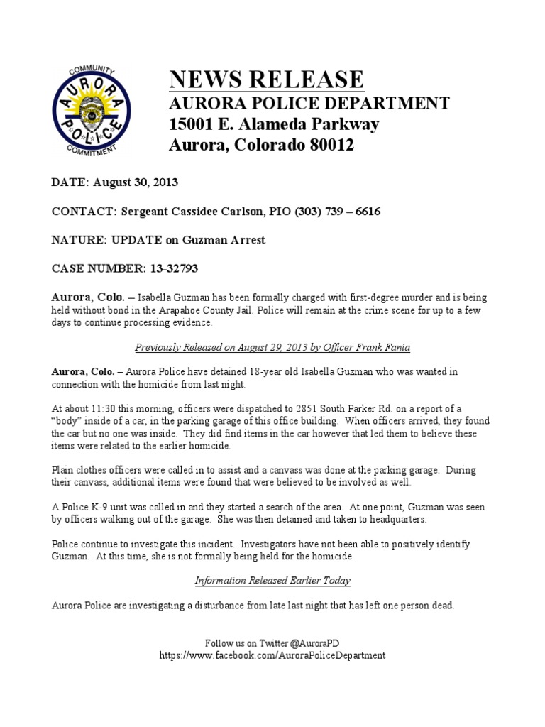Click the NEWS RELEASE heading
[266, 80]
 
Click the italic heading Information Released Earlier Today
[272, 580]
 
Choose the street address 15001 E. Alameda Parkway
[274, 125]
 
